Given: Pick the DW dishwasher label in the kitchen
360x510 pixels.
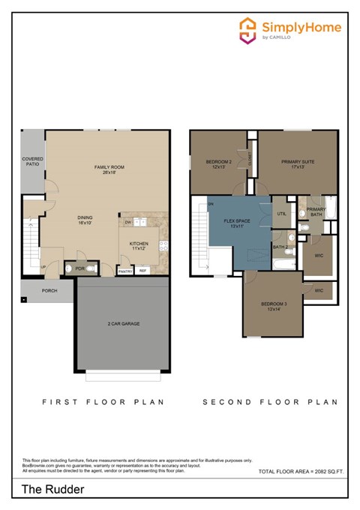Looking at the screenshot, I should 128,223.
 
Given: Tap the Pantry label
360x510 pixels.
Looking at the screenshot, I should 124,271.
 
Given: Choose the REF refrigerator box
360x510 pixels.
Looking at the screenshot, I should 142,271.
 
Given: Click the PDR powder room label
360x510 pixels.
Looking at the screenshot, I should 70,268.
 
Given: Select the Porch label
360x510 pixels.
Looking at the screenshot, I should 49,290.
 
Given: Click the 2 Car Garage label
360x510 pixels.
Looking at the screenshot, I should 124,323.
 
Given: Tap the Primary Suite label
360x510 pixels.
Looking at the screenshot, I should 298,163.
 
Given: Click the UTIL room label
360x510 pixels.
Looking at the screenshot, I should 281,214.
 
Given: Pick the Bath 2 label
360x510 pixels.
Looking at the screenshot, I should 280,246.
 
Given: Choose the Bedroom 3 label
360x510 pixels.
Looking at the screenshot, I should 274,306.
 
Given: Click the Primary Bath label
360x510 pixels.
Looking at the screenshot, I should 316,212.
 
